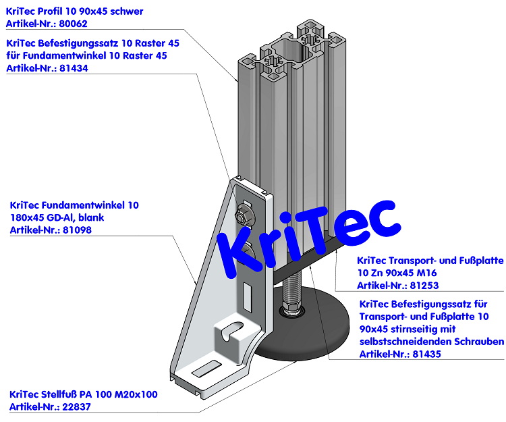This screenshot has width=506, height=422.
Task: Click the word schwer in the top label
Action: [x=125, y=11]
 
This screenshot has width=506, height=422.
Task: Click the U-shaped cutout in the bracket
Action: [x=231, y=332]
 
